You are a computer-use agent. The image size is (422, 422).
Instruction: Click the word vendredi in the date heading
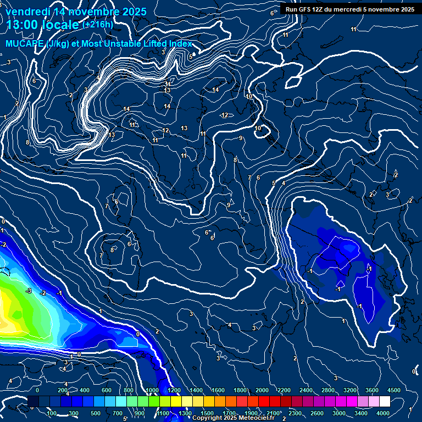27,11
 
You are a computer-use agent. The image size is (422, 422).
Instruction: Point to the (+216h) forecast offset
98,25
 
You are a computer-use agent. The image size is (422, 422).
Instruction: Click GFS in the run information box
304,9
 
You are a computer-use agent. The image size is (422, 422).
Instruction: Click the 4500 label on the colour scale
394,390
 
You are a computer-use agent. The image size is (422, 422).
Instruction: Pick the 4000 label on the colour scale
383,413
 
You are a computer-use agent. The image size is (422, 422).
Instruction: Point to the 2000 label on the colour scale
262,390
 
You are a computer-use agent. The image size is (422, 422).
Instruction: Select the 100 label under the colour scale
52,413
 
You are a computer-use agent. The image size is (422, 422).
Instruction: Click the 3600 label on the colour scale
371,390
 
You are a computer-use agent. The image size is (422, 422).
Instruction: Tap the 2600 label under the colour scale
317,413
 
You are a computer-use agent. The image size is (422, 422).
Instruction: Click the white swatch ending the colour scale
400,402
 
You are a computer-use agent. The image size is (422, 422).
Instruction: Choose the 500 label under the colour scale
96,413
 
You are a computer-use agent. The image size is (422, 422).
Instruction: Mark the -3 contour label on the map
29,291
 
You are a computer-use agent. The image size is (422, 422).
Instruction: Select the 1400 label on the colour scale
196,390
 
